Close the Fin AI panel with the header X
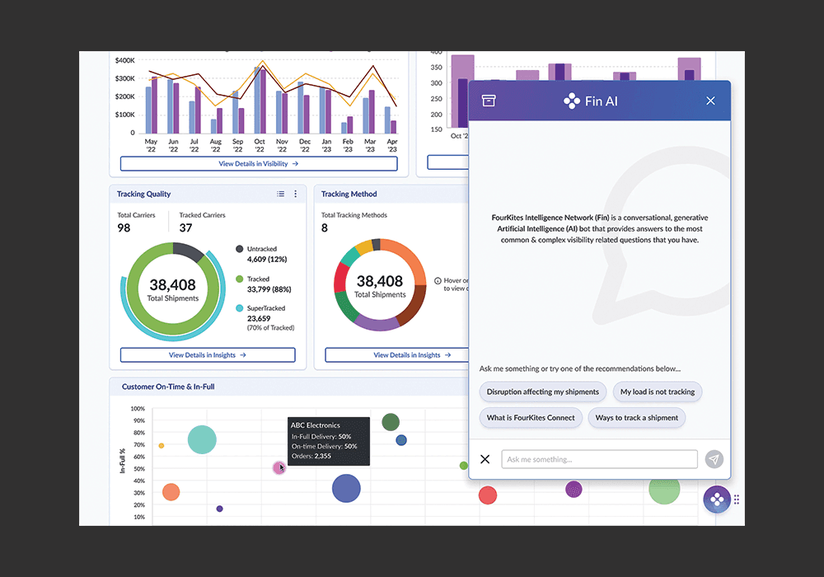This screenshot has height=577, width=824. coord(710,101)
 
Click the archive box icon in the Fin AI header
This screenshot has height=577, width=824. coord(489,101)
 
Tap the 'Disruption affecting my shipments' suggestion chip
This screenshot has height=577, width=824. coord(543,392)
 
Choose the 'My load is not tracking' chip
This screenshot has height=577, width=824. coord(658,392)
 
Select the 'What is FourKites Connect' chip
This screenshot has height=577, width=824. coord(531,418)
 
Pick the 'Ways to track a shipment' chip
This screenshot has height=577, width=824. coord(636,418)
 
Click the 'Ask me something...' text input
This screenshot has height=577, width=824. coord(599,459)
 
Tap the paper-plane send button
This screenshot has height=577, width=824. coord(714,459)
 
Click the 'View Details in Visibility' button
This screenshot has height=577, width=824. coord(259,163)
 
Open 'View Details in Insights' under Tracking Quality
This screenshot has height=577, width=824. coord(208,355)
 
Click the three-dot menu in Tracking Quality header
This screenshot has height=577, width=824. coord(295,194)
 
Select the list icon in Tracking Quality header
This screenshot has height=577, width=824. coord(281,194)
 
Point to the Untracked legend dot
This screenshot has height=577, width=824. coord(239,249)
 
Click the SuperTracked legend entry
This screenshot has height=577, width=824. coord(265,317)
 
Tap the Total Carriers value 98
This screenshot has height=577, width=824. coord(124,228)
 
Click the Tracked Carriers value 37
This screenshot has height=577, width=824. coord(185,228)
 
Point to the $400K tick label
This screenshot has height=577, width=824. coord(125,60)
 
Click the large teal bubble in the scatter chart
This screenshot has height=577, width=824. coord(202,439)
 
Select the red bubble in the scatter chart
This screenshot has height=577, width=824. coord(488,495)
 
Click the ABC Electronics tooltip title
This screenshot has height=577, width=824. coord(316,425)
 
